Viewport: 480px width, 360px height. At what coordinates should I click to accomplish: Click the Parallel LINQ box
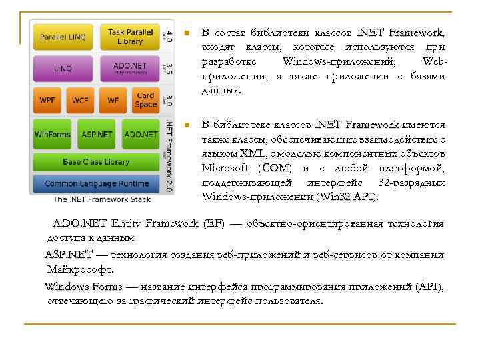(x=63, y=37)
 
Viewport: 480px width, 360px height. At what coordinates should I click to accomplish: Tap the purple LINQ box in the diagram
(x=63, y=69)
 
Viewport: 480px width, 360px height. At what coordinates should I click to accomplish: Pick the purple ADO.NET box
(x=129, y=68)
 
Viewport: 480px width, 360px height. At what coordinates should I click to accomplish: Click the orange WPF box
(x=47, y=101)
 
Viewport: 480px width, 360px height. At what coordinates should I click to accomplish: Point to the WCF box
(x=80, y=101)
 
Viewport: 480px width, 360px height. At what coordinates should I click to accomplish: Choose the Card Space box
(x=145, y=100)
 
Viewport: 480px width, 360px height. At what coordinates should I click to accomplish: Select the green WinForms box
(x=52, y=134)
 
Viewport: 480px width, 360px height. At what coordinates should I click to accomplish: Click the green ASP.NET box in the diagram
(x=97, y=134)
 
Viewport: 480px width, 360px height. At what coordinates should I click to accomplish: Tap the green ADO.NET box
(x=141, y=134)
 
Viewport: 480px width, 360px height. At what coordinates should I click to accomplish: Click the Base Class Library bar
(x=96, y=162)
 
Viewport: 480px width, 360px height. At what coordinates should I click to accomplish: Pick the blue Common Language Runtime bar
(x=96, y=183)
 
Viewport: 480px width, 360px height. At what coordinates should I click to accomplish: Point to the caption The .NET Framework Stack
(x=102, y=199)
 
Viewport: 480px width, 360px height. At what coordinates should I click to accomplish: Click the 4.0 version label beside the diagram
(x=169, y=36)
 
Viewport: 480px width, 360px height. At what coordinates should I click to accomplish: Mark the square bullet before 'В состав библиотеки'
(x=189, y=33)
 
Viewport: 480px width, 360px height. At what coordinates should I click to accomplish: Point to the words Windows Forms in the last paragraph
(x=83, y=287)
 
